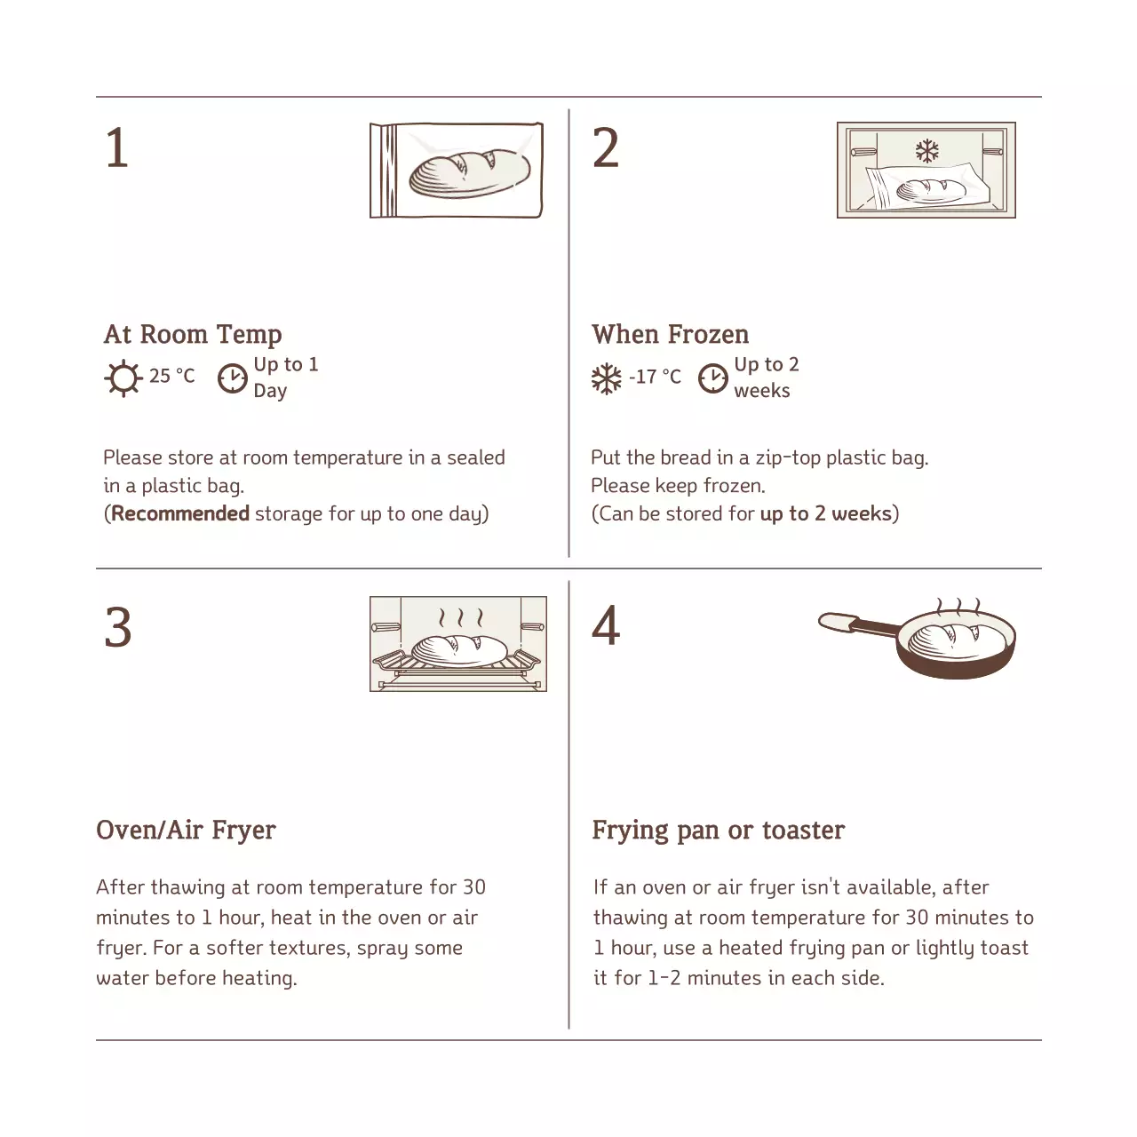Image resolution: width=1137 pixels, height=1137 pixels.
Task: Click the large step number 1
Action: [x=117, y=148]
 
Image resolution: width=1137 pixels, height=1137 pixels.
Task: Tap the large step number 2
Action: [x=605, y=148]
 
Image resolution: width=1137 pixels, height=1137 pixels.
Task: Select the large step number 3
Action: [x=118, y=628]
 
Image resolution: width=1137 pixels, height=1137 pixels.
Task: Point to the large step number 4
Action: [x=606, y=626]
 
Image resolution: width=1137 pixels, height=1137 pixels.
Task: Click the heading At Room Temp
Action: [x=193, y=334]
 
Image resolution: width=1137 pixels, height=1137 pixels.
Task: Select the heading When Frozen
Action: [x=670, y=334]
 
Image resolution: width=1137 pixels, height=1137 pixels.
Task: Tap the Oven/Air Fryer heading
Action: [x=186, y=830]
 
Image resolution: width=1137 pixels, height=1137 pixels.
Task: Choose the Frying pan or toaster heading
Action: [x=718, y=830]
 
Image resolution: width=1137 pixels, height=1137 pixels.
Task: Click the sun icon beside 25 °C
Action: [x=123, y=378]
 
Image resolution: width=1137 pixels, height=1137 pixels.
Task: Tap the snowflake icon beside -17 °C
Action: [x=607, y=379]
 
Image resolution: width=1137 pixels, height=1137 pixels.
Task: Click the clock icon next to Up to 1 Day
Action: [x=232, y=378]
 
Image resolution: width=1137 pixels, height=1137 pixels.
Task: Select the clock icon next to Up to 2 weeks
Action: [x=712, y=378]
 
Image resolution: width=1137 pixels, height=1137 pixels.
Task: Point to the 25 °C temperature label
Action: [x=171, y=376]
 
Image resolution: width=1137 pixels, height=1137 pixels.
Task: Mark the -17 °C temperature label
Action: [x=655, y=377]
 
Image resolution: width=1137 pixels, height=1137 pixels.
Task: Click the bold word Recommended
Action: [x=180, y=513]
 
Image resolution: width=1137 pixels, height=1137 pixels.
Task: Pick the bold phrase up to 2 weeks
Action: [x=825, y=513]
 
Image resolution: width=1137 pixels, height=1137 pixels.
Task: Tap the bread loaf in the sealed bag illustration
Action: [x=470, y=173]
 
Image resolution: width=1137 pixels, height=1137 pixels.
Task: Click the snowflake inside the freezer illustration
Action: [x=927, y=150]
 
